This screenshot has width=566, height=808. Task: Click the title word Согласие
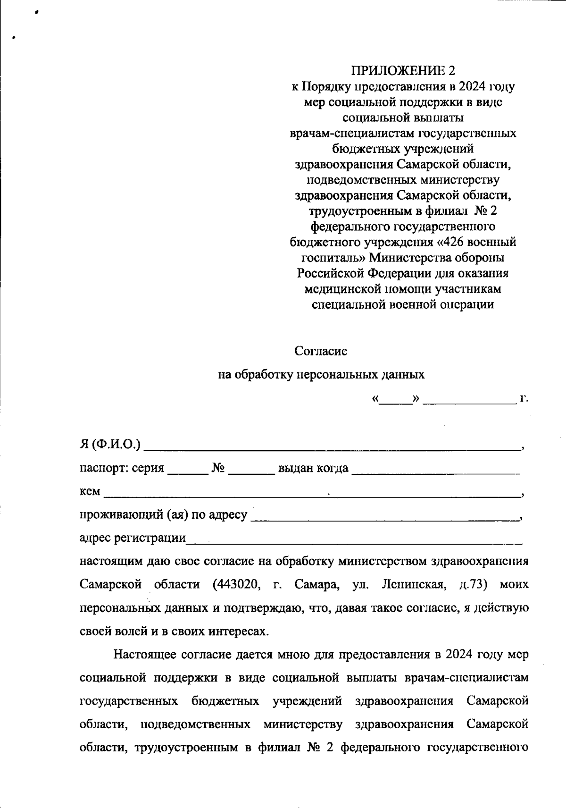(321, 351)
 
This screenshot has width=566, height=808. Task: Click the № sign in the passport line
(218, 468)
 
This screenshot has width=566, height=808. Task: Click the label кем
(90, 492)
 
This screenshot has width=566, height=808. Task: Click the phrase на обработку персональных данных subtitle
(321, 375)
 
